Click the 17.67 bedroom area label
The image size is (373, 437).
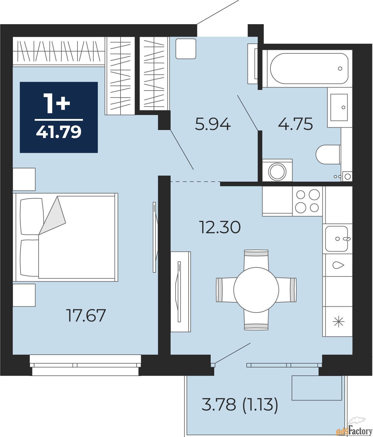pyautogui.click(x=86, y=316)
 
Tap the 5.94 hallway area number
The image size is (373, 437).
pyautogui.click(x=212, y=124)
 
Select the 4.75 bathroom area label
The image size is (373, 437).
pyautogui.click(x=295, y=124)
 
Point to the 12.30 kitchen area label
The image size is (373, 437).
pyautogui.click(x=220, y=227)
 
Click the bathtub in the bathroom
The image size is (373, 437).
pyautogui.click(x=309, y=68)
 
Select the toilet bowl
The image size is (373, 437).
pyautogui.click(x=328, y=154)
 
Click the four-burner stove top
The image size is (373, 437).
pyautogui.click(x=307, y=201)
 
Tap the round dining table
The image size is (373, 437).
pyautogui.click(x=256, y=290)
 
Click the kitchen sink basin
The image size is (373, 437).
pyautogui.click(x=336, y=239)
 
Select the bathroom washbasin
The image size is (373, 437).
pyautogui.click(x=339, y=107)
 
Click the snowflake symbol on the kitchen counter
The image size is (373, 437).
pyautogui.click(x=338, y=322)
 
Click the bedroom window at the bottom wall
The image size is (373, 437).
pyautogui.click(x=85, y=365)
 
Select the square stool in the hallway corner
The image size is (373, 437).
pyautogui.click(x=186, y=49)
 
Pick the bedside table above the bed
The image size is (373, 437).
pyautogui.click(x=24, y=179)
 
